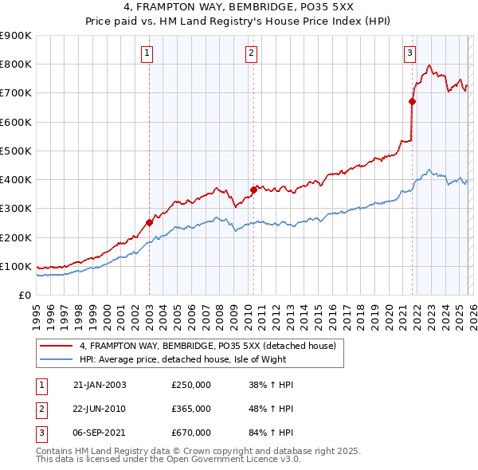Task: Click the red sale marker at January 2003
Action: tap(149, 223)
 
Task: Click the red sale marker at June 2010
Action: tap(253, 190)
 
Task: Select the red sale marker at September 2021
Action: tap(412, 101)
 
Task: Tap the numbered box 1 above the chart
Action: tap(148, 53)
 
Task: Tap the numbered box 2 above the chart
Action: tap(251, 53)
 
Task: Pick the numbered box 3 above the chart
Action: tap(409, 53)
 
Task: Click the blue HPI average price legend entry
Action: tap(199, 359)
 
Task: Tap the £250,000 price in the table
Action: tap(191, 385)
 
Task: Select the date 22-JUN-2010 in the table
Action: tap(100, 408)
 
